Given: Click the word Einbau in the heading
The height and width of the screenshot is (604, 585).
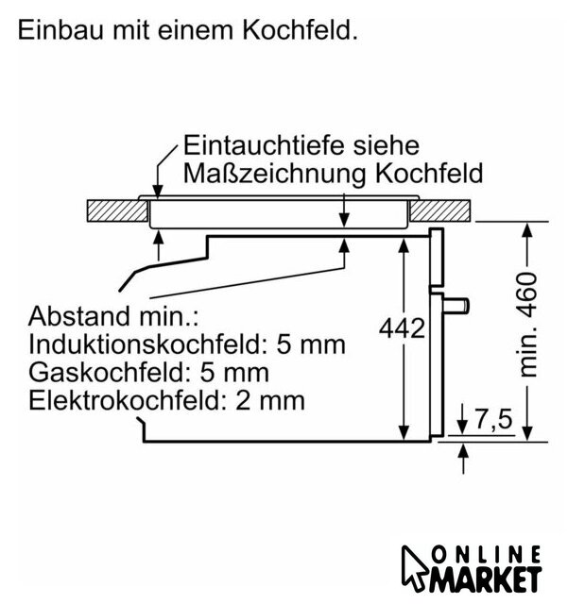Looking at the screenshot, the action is tap(60, 30).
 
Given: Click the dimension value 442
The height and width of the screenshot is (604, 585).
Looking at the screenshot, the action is tap(402, 328).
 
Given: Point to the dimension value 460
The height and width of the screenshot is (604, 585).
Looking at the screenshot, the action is tap(527, 288).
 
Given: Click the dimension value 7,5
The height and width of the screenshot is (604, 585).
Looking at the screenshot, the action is tap(493, 419).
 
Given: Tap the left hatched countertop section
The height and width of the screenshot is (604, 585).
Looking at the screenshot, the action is tap(117, 210).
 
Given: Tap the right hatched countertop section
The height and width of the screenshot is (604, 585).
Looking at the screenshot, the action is tap(440, 210).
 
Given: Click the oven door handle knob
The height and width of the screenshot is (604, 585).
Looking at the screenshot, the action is tap(456, 306).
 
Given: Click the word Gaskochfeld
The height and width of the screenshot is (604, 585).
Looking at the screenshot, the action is tap(111, 373).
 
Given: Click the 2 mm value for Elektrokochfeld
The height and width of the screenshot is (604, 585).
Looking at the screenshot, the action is tap(270, 401).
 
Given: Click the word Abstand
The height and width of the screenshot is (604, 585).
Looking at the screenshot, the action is tap(79, 316).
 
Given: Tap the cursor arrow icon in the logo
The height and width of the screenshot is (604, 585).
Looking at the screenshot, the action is tap(414, 568).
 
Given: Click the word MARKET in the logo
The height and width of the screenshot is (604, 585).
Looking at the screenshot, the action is tap(486, 579).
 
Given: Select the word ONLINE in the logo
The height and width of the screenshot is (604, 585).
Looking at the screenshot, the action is tap(487, 554).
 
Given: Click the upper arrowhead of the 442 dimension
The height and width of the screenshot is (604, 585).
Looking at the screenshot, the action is tap(404, 245).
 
